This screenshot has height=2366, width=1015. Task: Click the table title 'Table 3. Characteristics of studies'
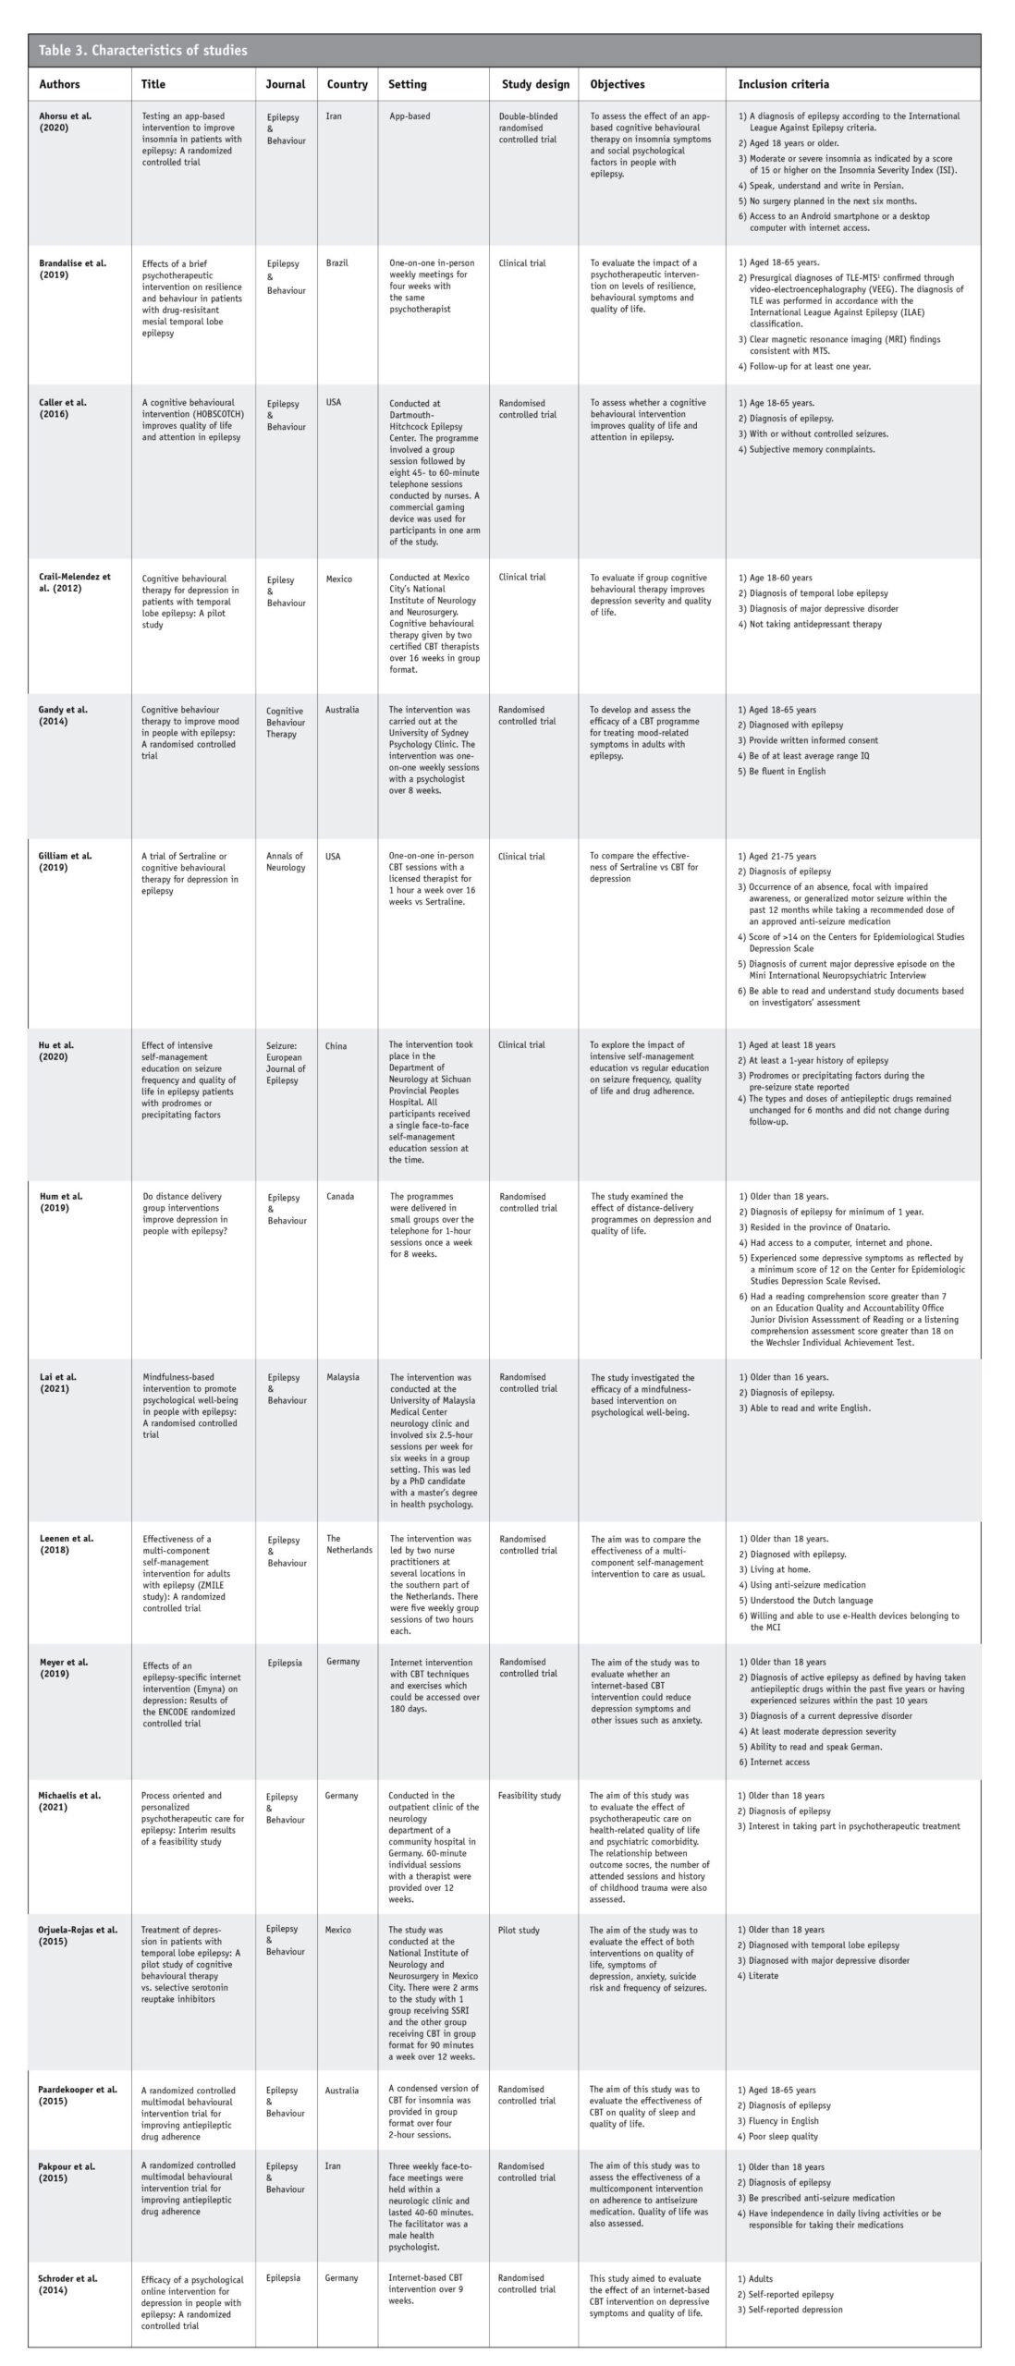[x=143, y=51]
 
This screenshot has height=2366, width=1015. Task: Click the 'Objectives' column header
[x=618, y=84]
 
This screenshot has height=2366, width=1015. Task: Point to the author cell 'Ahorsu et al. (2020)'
[x=66, y=122]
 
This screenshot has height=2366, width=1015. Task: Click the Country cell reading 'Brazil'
[x=337, y=263]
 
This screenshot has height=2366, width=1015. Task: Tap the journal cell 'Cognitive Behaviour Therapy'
[x=286, y=722]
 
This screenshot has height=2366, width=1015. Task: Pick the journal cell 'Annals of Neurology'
[x=286, y=861]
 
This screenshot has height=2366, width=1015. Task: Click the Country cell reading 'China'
[x=336, y=1045]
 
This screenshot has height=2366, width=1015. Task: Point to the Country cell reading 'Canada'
[x=340, y=1196]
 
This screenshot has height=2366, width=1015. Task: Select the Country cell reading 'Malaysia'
[x=343, y=1377]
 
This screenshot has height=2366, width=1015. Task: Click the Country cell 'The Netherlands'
[x=349, y=1544]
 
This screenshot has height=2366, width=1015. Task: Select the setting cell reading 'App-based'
[x=410, y=116]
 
